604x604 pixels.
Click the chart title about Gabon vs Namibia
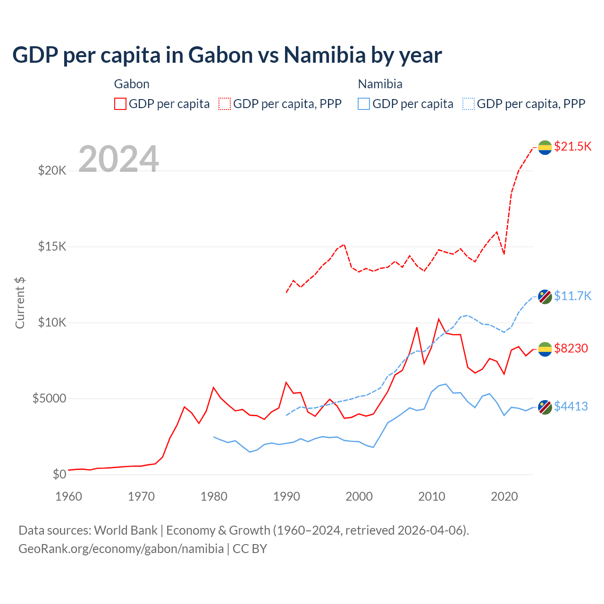click(227, 55)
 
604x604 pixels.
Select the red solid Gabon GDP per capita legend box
click(120, 104)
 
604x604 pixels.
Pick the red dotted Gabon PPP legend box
click(225, 104)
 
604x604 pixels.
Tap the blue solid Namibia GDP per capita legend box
click(364, 104)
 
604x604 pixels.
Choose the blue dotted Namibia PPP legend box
click(469, 104)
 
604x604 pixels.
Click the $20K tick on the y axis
click(52, 170)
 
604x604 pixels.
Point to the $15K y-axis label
click(52, 246)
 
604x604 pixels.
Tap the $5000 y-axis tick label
click(49, 398)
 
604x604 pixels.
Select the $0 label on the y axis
click(59, 474)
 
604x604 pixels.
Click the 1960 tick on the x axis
click(69, 496)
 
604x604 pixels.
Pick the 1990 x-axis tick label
click(287, 496)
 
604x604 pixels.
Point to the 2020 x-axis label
click(504, 496)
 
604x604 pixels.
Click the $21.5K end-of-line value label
click(572, 146)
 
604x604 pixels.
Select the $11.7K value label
click(572, 296)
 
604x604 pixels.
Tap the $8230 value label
click(571, 348)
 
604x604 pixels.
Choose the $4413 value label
click(571, 406)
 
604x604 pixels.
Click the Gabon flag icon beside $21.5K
click(545, 147)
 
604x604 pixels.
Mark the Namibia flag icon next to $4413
click(545, 407)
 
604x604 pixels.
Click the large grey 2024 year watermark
click(119, 159)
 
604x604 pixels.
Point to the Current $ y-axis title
click(20, 303)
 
